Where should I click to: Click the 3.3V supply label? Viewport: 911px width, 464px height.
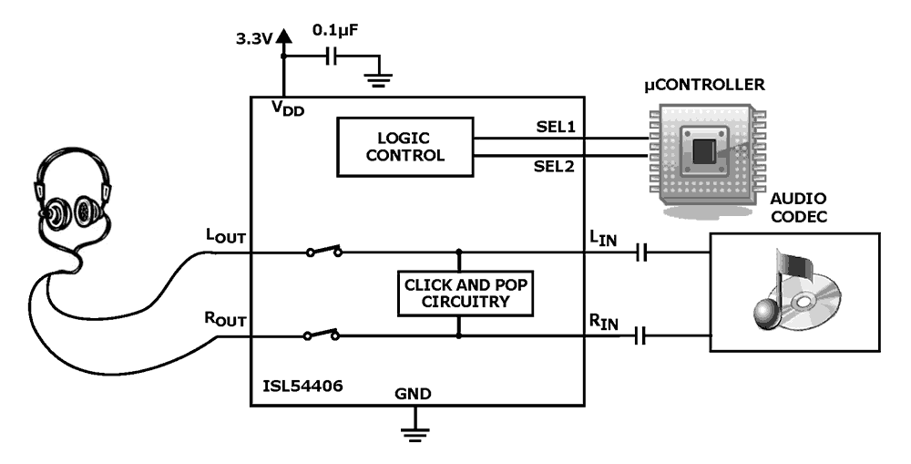[251, 40]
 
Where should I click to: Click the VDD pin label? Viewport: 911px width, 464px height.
[288, 108]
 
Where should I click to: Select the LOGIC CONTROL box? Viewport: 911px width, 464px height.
[405, 147]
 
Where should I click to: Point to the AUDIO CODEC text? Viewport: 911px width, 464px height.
[798, 206]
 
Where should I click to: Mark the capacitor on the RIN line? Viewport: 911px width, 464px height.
[642, 337]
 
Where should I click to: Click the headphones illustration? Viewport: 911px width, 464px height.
[68, 196]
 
